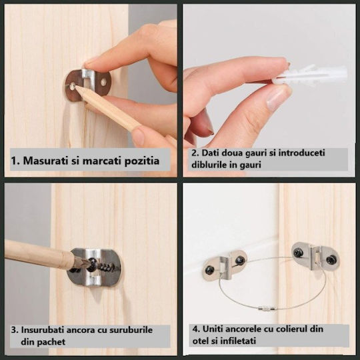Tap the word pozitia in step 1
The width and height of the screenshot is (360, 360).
click(142, 161)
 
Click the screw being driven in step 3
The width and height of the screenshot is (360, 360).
click(93, 263)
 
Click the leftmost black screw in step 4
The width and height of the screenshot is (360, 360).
click(210, 270)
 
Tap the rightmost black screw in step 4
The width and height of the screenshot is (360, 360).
click(331, 260)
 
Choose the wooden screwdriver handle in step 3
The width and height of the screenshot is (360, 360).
click(37, 254)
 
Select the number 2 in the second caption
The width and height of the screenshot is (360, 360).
click(194, 153)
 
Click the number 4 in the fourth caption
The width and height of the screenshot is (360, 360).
click(195, 329)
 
